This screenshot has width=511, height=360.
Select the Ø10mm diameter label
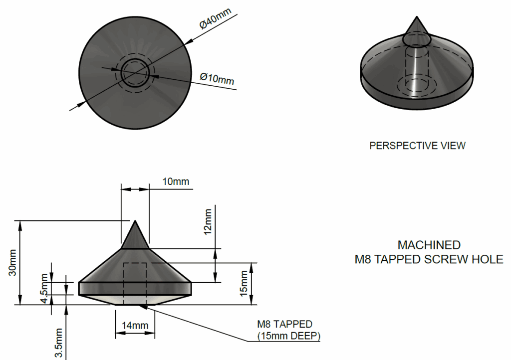217,78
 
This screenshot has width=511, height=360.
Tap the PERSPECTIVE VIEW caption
417,146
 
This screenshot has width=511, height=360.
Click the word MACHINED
429,245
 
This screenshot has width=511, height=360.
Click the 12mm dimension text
208,221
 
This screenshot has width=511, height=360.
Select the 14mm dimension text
135,326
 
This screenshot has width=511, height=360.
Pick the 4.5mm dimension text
44,288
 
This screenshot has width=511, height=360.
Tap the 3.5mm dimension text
58,343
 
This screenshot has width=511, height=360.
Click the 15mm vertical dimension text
244,283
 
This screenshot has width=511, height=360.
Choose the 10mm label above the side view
176,181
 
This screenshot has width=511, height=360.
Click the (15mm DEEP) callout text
289,336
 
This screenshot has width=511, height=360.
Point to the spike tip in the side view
135,222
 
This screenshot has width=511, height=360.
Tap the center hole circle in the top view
135,73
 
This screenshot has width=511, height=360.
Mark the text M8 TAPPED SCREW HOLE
429,260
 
